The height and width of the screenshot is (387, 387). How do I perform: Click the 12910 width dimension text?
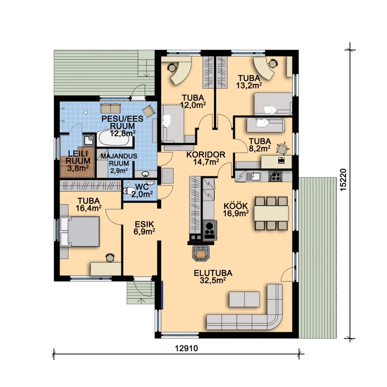coord(186,348)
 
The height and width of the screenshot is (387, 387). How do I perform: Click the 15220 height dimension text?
coord(343,180)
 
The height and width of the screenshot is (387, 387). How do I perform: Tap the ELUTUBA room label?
coord(213,273)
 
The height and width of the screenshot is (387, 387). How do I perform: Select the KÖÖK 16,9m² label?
coord(236,209)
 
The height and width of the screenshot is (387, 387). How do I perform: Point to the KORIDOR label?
coord(206,155)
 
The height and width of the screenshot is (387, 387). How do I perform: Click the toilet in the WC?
coord(128,191)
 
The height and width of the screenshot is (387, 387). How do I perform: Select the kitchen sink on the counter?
coord(254,176)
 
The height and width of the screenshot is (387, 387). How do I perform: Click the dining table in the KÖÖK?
coord(271,213)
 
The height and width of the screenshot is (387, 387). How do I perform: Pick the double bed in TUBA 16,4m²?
coord(80,232)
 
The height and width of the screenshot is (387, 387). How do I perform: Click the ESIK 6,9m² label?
coord(144,228)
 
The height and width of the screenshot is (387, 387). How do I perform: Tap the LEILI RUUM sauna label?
coord(77,161)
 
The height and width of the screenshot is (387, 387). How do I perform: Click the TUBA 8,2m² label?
coord(260,145)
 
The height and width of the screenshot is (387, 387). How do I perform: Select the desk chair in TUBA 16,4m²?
coord(110,258)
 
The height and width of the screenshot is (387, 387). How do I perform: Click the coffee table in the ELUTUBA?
coord(245,299)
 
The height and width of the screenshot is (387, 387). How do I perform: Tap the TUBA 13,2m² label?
coord(249,82)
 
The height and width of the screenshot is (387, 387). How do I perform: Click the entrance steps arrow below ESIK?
coord(142,301)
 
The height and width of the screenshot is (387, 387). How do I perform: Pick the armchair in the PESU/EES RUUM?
coord(149,111)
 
